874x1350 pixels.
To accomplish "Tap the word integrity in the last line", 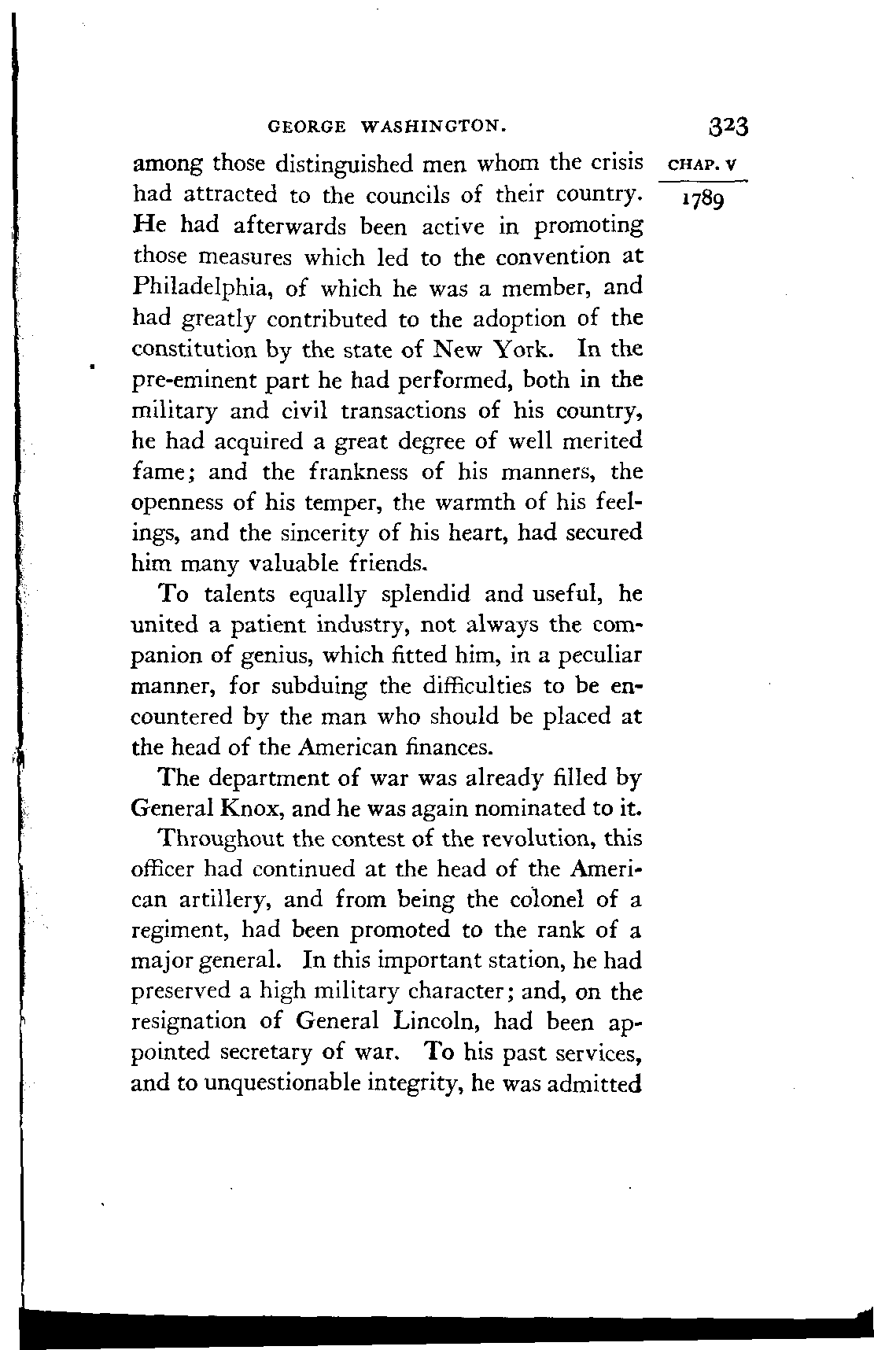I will point(416,1085).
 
